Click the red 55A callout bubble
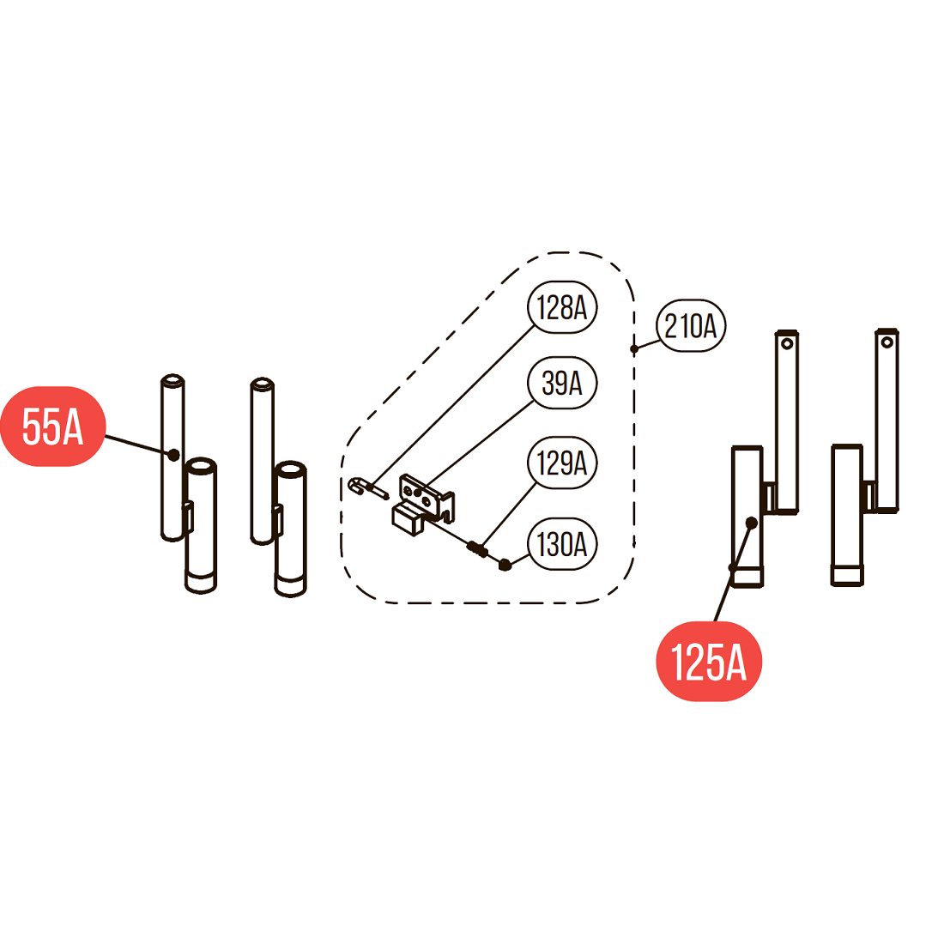pos(52,427)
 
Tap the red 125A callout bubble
pos(708,662)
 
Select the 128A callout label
pos(562,306)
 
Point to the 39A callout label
pos(562,383)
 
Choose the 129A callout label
pos(562,463)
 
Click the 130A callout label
pos(562,544)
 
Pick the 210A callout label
pos(691,326)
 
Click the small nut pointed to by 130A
pos(505,565)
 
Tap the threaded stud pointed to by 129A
pos(477,548)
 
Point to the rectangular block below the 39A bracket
pos(408,519)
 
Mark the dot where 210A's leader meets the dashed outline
pos(634,348)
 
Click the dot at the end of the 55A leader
pos(173,454)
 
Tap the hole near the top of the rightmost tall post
pos(887,343)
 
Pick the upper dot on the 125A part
pos(752,522)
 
